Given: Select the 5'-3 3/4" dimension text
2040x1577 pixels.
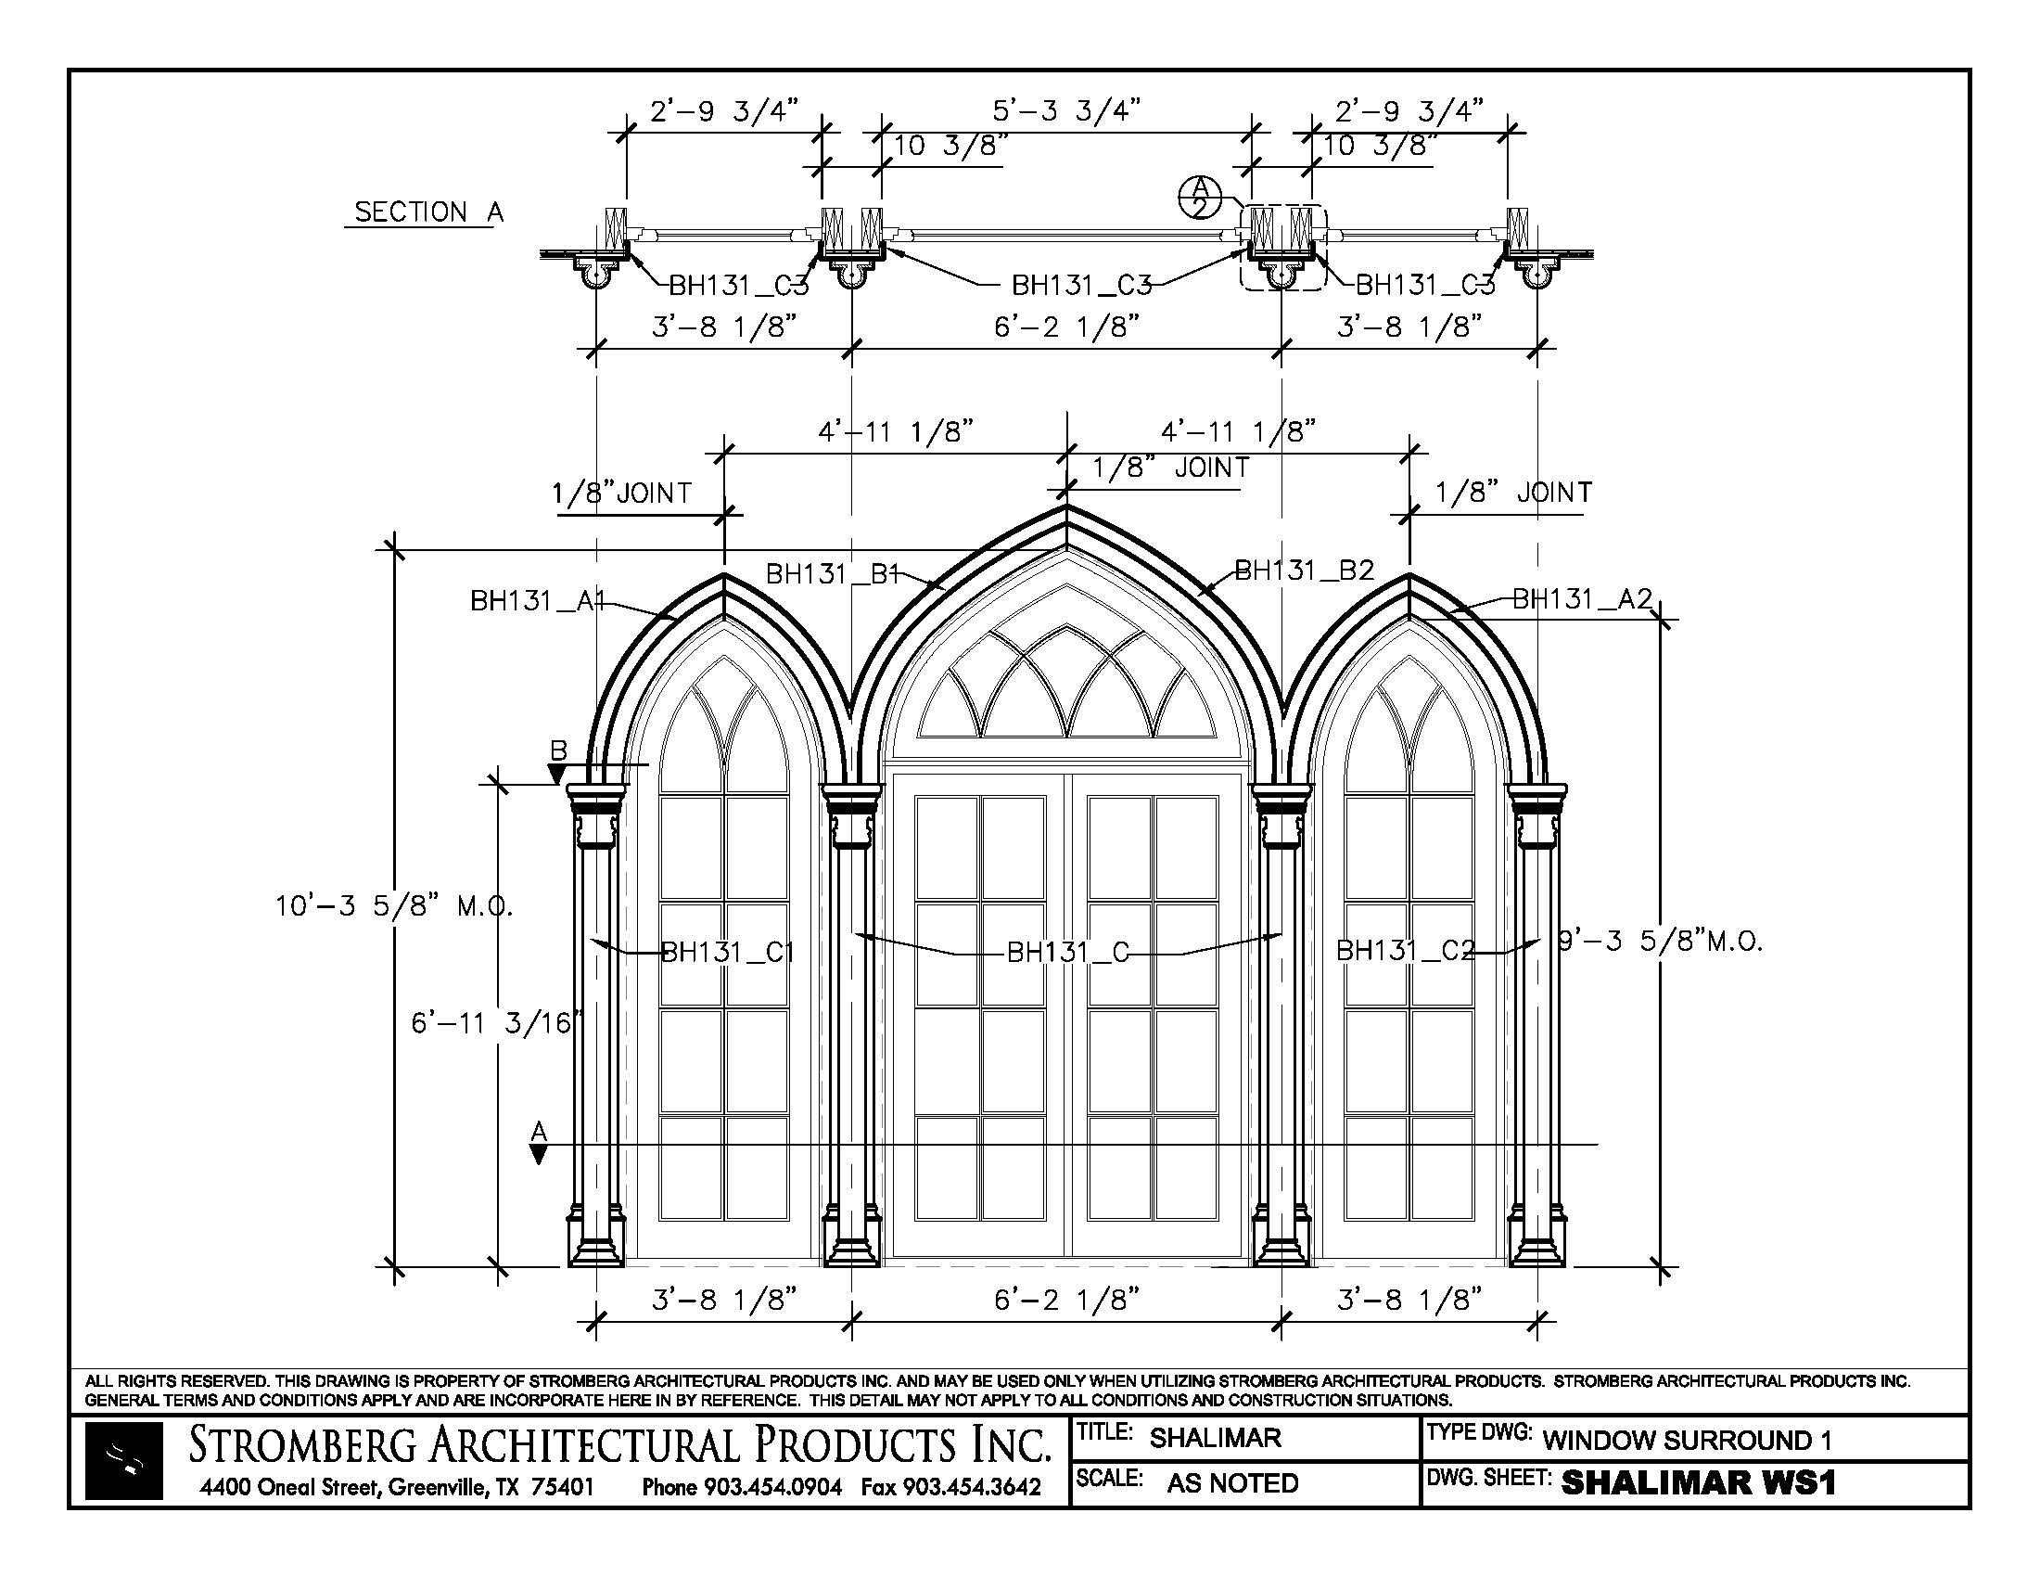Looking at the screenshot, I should (1065, 110).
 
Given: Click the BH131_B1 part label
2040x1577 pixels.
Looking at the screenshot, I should (832, 572).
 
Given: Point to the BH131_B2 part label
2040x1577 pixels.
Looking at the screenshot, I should (1304, 570).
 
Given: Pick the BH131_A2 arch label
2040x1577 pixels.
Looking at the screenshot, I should (1582, 598).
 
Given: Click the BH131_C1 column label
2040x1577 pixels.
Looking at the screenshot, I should (728, 952).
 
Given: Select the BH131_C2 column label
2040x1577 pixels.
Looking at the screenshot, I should (1406, 950).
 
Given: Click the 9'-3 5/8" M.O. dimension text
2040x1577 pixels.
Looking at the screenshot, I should (1660, 941).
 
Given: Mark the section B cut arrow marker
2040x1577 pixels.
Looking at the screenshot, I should (556, 773).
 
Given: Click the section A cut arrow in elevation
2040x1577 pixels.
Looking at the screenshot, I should (538, 1153).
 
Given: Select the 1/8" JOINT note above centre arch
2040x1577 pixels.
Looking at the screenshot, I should (1171, 468).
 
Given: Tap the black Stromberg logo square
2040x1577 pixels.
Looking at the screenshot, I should (123, 1460).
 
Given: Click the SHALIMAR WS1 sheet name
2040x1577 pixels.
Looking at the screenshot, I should (1698, 1482).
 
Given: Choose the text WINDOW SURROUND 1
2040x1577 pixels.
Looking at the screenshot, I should (1687, 1440).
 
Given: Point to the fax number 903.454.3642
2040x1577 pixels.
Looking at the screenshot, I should (950, 1486).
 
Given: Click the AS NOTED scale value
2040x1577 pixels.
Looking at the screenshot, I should (1232, 1482).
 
